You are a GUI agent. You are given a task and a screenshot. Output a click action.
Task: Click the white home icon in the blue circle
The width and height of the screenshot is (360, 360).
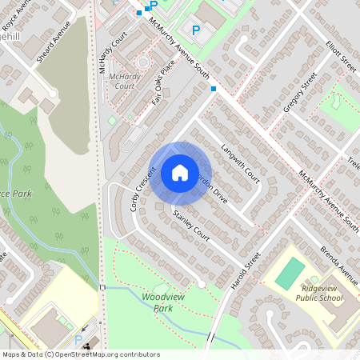coord(179,172)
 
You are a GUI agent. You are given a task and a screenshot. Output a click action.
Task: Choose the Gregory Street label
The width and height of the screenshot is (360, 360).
coord(300,94)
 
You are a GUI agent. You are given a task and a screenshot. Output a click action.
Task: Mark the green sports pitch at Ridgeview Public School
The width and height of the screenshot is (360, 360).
coord(290,274)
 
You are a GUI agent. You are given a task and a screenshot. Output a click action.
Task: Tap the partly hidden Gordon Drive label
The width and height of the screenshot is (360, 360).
coord(216,189)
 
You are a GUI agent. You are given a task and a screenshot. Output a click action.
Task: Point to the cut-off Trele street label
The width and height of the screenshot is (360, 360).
coord(353,166)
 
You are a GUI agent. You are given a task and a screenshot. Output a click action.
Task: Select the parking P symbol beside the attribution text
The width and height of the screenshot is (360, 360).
coord(78,340)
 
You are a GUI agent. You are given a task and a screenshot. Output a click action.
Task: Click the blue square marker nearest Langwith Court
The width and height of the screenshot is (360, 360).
coord(214,88)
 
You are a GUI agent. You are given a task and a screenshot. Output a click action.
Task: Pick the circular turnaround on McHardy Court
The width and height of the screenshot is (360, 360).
coord(142,62)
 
